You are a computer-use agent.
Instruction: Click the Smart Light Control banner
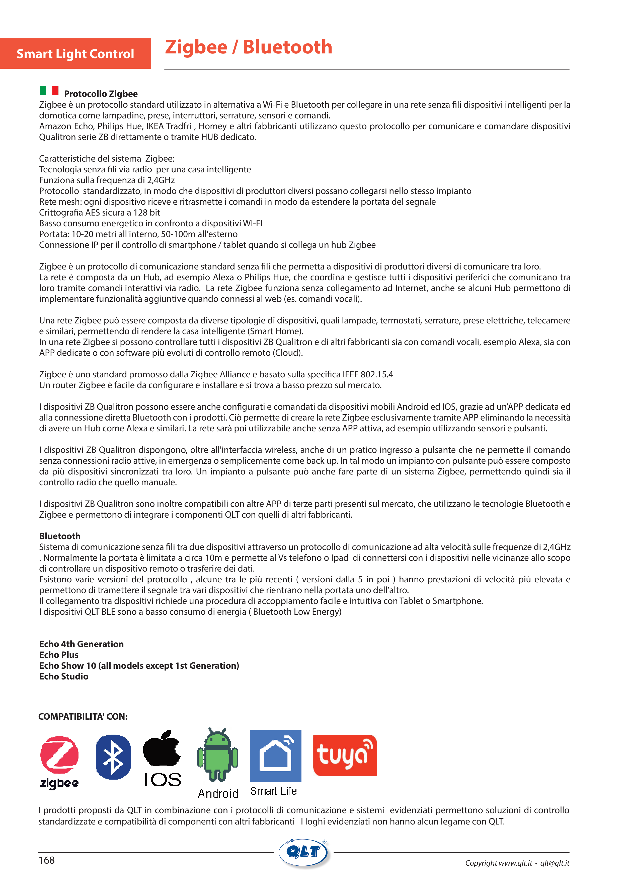(75, 53)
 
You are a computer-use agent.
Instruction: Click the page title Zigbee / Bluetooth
(248, 47)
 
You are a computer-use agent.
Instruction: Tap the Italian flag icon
(49, 91)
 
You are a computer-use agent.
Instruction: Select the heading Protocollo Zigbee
(101, 94)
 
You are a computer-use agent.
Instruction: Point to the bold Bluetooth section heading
(60, 536)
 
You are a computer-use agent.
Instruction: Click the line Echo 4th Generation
(81, 644)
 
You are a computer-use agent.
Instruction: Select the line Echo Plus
(59, 655)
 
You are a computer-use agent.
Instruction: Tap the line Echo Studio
(64, 676)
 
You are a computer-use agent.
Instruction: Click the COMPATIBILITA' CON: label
(83, 716)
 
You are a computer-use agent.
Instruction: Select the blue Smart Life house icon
(275, 755)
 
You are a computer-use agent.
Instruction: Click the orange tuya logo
(345, 755)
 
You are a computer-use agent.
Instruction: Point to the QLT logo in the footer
(304, 853)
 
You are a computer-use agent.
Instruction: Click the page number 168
(47, 860)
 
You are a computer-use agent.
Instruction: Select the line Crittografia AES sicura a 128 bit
(99, 213)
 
